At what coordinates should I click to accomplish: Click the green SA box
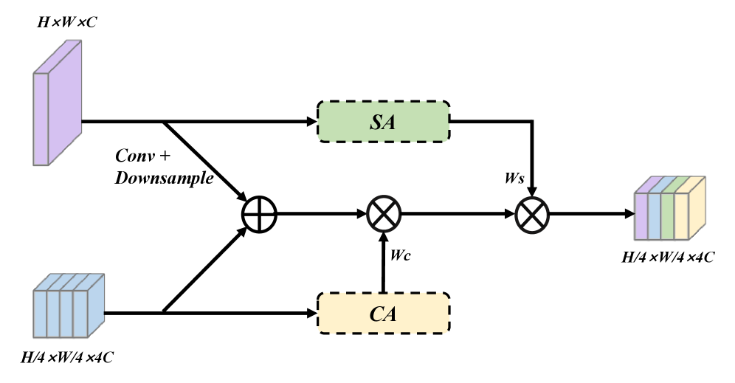tap(383, 122)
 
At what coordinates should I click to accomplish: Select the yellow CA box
tap(383, 314)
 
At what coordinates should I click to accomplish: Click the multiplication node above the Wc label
tap(383, 215)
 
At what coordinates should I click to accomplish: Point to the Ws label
tap(514, 179)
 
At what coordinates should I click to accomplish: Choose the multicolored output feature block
tap(670, 210)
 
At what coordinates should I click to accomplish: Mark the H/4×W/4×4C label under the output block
tap(669, 258)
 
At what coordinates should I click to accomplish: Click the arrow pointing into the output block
tap(627, 215)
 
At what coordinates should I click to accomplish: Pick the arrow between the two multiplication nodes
tap(458, 215)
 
